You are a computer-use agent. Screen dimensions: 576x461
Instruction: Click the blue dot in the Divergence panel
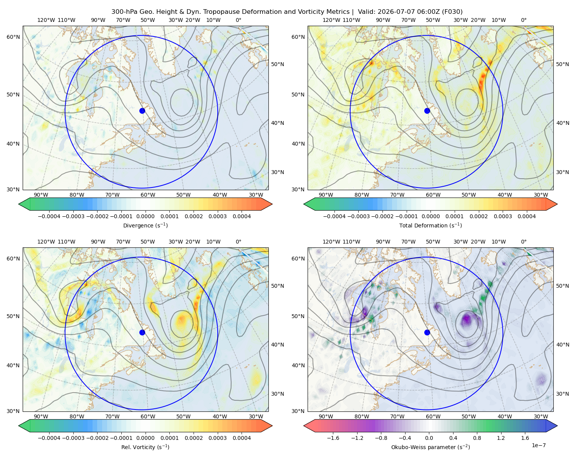point(142,111)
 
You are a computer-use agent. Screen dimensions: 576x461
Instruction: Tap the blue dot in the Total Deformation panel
point(427,111)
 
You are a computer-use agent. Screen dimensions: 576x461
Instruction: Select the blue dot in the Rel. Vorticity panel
point(142,332)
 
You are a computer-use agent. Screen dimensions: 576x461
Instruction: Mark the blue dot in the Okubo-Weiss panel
point(427,332)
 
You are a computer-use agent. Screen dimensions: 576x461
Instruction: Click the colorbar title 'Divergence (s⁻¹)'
point(145,225)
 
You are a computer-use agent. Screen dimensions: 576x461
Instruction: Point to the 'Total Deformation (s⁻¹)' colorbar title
point(430,225)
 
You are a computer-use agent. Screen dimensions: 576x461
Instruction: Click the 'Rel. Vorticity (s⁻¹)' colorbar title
point(145,447)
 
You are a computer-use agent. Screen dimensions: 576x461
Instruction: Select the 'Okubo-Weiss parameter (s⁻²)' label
point(430,447)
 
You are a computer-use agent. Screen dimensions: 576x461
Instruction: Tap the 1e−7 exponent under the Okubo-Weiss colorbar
point(538,445)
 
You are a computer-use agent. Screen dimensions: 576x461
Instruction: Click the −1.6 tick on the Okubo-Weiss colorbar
point(333,438)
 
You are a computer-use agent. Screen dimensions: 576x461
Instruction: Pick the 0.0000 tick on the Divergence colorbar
point(145,216)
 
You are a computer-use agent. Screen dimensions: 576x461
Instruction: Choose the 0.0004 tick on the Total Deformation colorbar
point(526,216)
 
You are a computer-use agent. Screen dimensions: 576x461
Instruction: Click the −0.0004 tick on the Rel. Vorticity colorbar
point(49,438)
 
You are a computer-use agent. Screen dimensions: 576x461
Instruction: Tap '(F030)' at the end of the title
point(453,12)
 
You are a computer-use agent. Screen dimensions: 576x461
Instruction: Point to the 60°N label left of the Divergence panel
point(13,37)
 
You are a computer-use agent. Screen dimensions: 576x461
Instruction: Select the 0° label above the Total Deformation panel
point(523,20)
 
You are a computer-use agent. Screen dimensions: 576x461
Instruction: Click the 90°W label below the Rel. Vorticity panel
point(41,416)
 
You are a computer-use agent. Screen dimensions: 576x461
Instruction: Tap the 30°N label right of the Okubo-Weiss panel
point(562,393)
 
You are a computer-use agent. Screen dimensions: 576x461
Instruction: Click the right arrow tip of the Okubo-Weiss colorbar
point(557,426)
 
